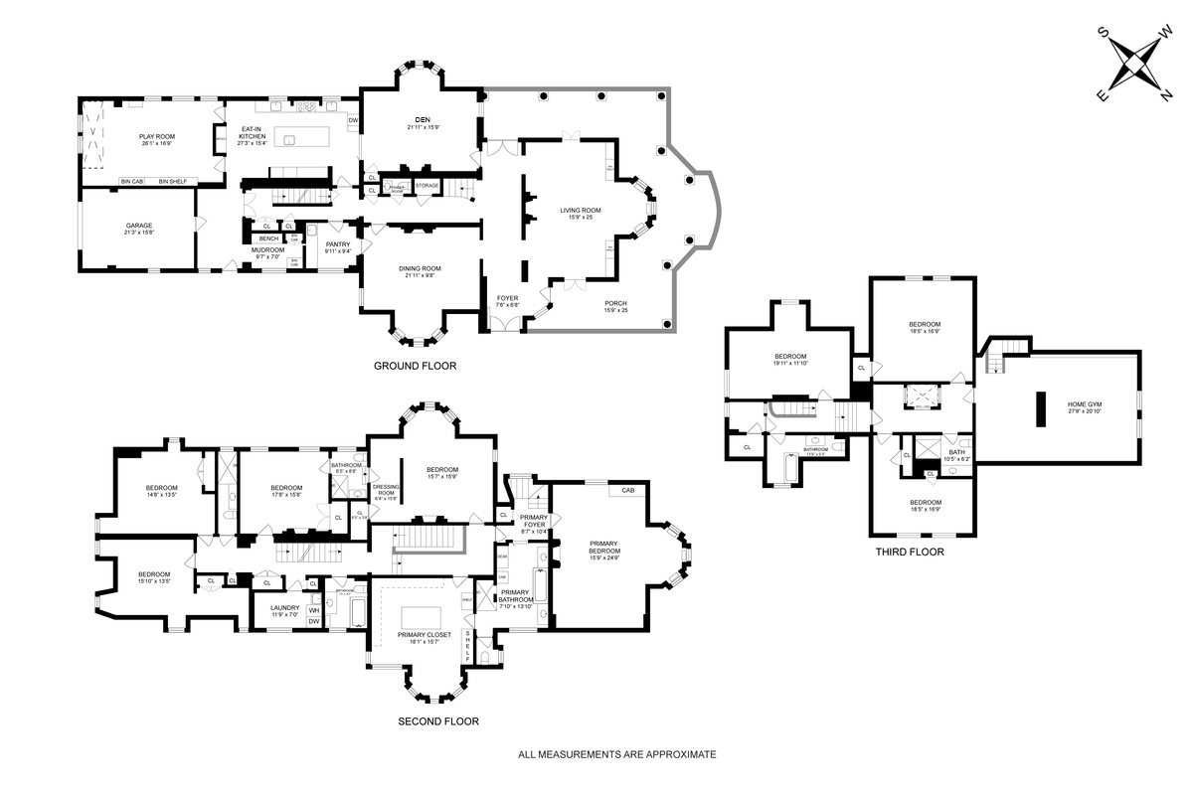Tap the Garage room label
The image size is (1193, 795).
point(138,226)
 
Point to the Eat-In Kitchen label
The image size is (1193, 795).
point(252,134)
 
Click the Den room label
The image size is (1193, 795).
point(423,121)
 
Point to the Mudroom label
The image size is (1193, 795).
point(267,250)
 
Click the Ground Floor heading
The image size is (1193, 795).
point(415,366)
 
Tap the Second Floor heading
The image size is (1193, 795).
point(438,721)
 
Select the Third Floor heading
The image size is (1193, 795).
point(909,553)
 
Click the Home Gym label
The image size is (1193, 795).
point(1085,404)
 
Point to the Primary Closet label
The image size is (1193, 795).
point(425,634)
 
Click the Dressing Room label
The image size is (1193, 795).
point(386,490)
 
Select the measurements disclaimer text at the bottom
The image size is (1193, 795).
point(616,755)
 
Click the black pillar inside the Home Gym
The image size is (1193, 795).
point(1041,409)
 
